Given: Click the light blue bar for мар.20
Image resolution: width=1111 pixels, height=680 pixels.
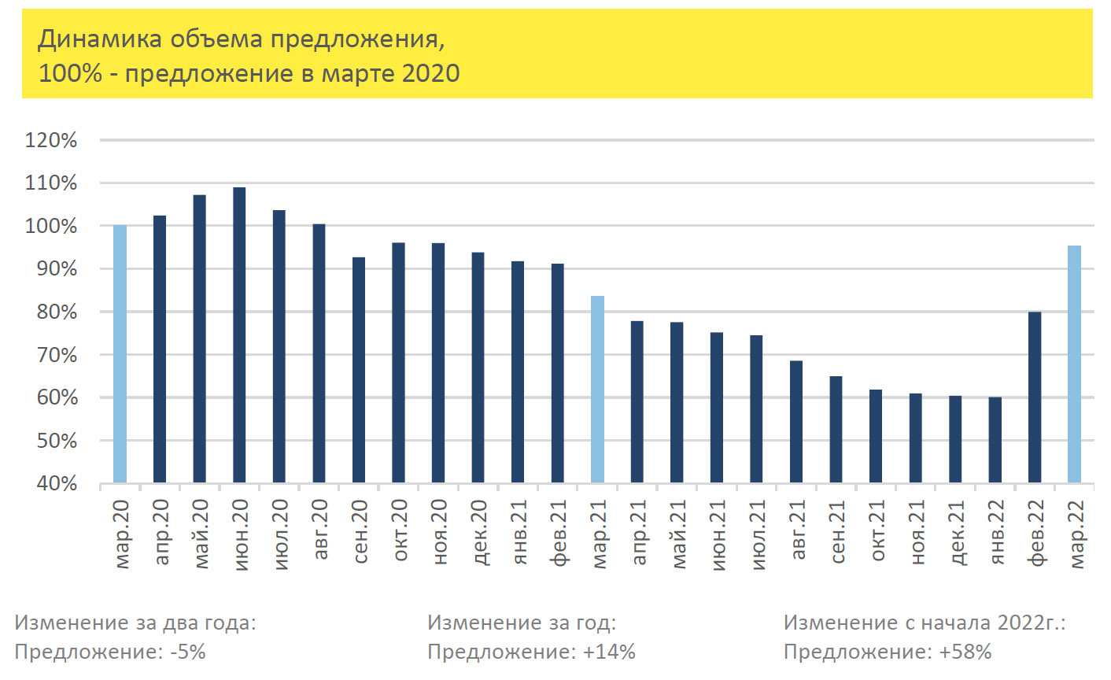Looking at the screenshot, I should (120, 354).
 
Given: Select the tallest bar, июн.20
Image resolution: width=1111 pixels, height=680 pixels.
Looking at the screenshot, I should (239, 334).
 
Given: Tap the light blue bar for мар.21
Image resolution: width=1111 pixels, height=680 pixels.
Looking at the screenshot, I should (597, 389).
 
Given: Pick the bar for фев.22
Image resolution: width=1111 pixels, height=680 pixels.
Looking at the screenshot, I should (1035, 397).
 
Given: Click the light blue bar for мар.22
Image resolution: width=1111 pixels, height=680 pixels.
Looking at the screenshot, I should (1074, 364).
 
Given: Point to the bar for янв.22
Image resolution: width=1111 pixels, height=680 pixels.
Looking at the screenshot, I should (995, 439).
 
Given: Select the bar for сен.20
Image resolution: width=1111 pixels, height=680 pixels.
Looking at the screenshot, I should (359, 369).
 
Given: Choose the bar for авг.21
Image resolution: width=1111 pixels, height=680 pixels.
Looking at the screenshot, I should (796, 421).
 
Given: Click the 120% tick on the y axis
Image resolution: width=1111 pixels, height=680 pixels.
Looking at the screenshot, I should (52, 141).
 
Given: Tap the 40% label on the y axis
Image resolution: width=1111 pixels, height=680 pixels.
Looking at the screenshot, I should (57, 484).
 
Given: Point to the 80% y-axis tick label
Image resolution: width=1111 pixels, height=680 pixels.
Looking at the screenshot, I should (57, 312).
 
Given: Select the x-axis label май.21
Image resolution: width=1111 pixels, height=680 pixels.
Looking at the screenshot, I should (679, 534).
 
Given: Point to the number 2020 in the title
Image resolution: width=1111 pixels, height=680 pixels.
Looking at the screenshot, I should (430, 73).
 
